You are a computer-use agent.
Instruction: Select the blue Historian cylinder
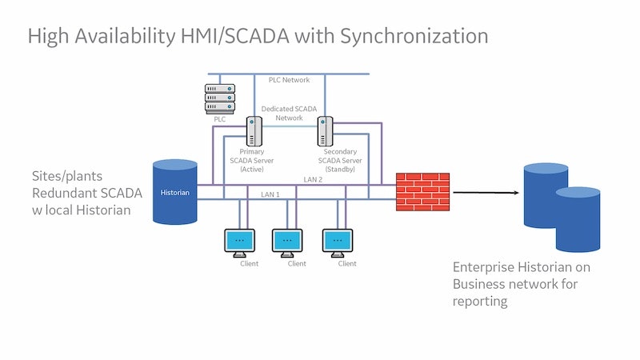[175, 192]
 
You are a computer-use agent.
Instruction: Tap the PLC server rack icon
[220, 98]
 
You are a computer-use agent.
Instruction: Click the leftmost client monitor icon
[238, 240]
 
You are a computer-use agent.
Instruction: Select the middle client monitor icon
[287, 240]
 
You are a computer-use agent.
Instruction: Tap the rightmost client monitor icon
[337, 240]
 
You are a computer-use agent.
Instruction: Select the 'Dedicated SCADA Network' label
[290, 113]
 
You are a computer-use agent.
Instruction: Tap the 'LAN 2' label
[314, 178]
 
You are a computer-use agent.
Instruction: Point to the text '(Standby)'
[340, 169]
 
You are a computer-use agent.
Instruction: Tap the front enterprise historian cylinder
[578, 220]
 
